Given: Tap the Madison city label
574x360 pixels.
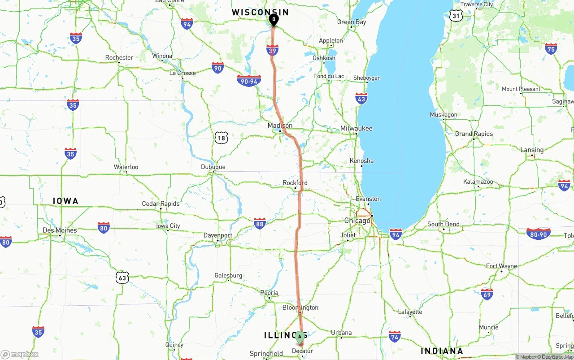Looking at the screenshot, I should (280, 126).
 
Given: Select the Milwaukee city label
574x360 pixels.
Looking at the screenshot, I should (356, 128).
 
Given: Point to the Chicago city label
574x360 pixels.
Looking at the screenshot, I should (357, 221).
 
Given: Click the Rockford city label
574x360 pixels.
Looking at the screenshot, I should (295, 183).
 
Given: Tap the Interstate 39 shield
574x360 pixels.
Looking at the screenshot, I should (272, 50).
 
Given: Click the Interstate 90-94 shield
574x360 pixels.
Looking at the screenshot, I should (249, 81).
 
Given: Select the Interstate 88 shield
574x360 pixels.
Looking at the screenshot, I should (260, 223).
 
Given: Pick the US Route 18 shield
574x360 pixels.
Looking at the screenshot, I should (221, 138).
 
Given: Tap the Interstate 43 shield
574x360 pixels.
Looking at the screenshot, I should (361, 99).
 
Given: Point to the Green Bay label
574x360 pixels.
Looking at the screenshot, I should (352, 22).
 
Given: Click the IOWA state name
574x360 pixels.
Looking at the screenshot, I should (65, 201).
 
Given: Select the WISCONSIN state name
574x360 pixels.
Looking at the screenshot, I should (260, 12).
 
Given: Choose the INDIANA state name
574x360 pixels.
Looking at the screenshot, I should (442, 351).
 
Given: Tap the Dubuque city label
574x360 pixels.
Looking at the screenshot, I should (213, 167).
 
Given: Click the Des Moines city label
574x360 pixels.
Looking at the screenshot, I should (60, 230).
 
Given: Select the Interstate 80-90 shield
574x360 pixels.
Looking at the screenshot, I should (538, 234).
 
